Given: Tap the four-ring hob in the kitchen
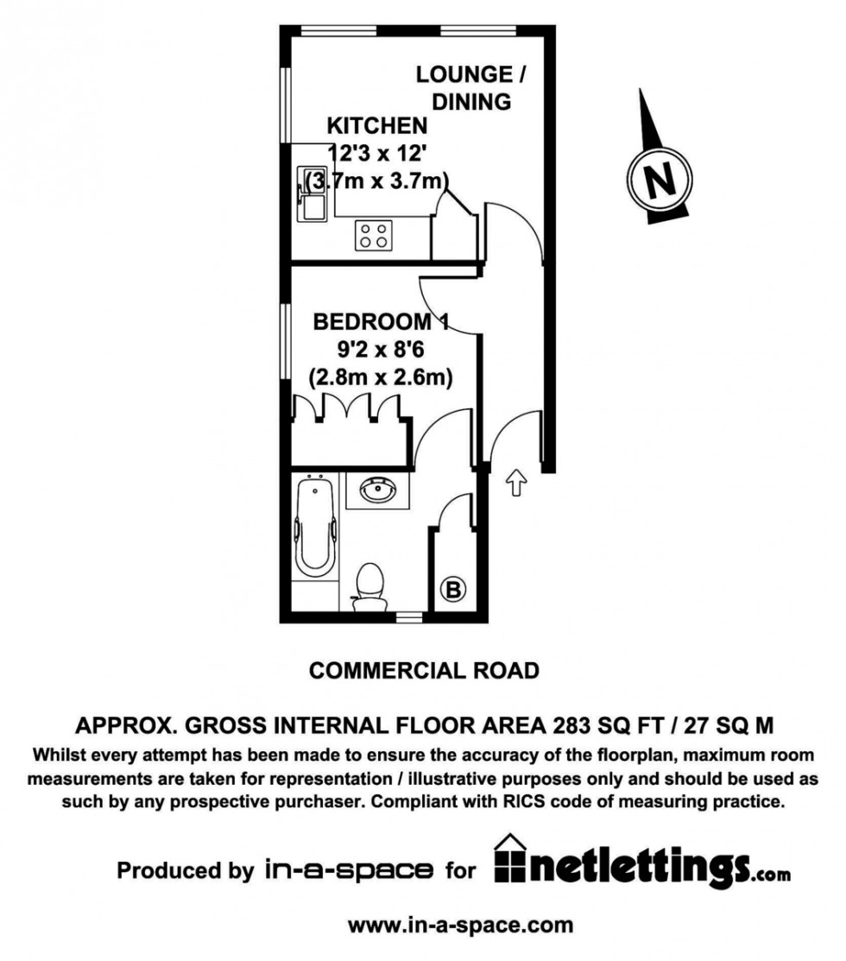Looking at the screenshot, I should click(374, 236).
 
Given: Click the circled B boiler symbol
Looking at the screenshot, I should click(453, 591).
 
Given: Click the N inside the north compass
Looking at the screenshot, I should click(660, 182).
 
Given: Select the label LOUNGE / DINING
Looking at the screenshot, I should click(470, 87).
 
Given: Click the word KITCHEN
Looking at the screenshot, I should click(377, 126).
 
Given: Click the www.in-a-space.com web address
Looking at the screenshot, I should click(460, 925).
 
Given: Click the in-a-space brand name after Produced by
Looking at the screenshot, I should click(347, 869).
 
